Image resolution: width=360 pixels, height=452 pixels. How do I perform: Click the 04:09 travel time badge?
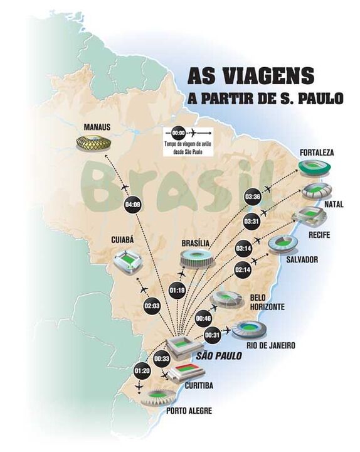(x=133, y=203)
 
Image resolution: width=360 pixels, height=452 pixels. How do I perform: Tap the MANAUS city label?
(x=97, y=127)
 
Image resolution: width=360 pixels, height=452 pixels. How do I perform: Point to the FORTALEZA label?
(x=317, y=153)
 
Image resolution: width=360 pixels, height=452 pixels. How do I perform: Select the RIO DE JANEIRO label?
(x=272, y=345)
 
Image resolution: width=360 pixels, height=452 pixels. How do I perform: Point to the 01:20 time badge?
(x=142, y=371)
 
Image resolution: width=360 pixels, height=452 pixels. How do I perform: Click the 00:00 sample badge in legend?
(x=178, y=133)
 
